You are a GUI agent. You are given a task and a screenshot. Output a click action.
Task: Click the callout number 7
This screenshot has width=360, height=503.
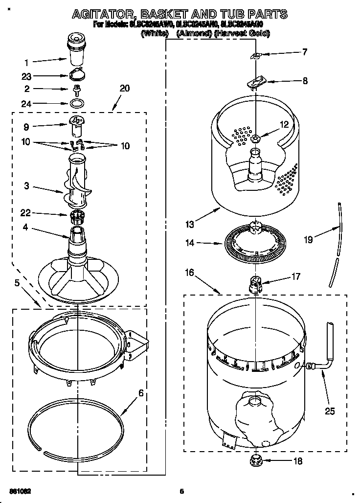point(305,51)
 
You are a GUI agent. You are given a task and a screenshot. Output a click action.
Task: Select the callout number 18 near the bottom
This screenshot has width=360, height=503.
point(298,460)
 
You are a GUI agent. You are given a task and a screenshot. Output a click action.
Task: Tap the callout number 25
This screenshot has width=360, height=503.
point(330,411)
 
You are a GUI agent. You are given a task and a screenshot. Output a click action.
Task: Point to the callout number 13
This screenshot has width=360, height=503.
point(190,225)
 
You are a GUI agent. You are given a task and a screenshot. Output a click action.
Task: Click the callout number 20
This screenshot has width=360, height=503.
point(125,88)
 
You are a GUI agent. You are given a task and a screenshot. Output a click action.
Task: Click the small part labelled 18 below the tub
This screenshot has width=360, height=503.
point(255,459)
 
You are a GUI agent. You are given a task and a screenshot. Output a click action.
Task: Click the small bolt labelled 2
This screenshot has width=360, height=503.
point(76,90)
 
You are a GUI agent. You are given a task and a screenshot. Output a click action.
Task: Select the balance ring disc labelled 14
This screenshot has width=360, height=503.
point(254,242)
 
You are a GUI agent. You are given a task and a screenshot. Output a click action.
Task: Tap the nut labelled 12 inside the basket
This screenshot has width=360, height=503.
point(255,138)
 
